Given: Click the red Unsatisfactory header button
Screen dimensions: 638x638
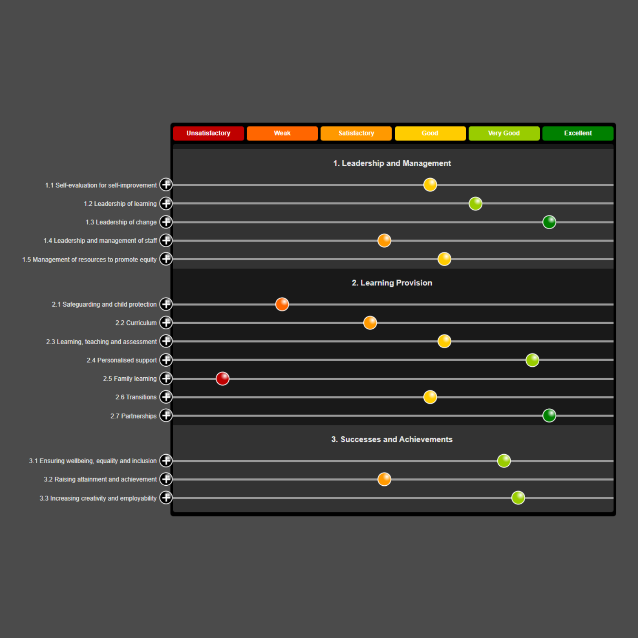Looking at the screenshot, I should point(208,133).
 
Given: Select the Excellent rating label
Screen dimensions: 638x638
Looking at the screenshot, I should point(578,133).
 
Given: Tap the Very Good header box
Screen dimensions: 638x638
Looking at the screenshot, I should point(504,133).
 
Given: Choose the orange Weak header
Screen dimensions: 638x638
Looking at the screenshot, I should point(282,133).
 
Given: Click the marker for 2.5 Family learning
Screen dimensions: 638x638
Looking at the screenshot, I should point(222,379).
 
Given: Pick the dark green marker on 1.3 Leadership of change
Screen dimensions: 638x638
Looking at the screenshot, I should point(549,222).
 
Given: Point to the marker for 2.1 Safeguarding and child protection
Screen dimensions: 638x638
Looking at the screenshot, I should point(282,305).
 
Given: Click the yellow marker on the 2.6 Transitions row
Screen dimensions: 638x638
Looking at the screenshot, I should point(430,397).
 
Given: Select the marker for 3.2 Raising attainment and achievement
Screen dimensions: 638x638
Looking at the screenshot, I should point(384,479).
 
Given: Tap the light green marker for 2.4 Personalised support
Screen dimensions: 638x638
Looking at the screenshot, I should point(532,360).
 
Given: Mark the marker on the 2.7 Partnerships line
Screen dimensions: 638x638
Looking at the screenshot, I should point(549,416).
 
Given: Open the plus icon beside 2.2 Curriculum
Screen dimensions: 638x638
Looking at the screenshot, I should point(166,323).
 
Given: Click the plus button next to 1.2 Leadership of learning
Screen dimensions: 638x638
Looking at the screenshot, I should point(166,204).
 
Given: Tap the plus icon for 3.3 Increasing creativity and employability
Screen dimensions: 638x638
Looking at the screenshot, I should point(166,498).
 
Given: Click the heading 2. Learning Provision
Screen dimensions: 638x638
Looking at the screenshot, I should point(392,283).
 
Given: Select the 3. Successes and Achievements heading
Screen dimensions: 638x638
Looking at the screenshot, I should point(392,439).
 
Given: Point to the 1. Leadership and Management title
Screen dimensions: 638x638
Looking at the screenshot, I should point(392,163).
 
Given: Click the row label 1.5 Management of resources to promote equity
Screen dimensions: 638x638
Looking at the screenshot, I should point(89,259).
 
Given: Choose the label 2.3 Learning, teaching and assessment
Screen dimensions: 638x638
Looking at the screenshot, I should point(101,342).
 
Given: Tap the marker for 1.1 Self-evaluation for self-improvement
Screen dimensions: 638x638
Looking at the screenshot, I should point(430,185).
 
